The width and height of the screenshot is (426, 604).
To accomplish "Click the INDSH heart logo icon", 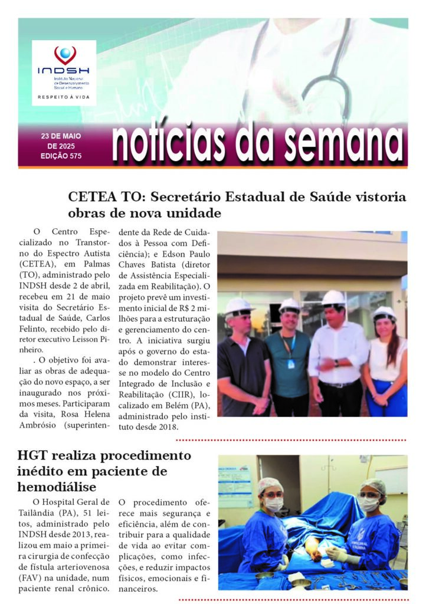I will (64, 55).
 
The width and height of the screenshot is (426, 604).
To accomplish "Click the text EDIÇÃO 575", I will (61, 156).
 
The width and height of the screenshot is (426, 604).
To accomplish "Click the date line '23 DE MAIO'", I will (61, 136).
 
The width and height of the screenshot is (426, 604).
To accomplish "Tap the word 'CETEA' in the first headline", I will (90, 197).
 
